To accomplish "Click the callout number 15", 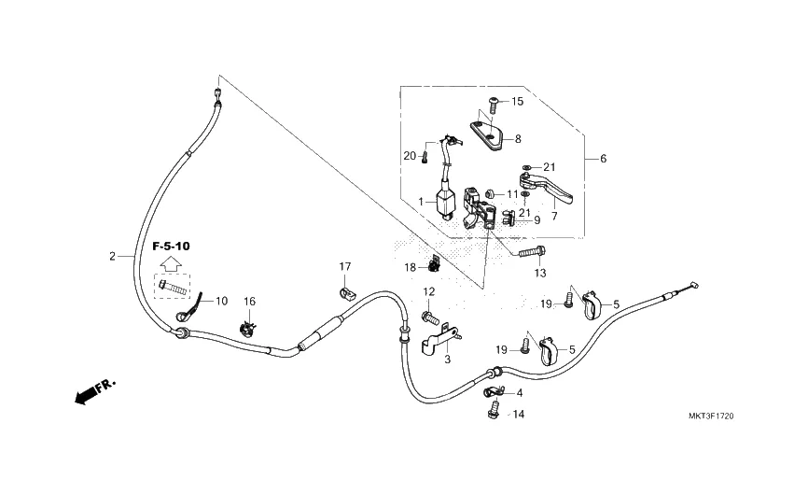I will point(517,102).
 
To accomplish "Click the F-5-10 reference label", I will point(171,246).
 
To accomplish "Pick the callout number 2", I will point(112,255).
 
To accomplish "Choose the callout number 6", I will point(603,159).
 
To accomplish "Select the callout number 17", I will point(344,267).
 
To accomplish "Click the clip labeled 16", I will point(247,326).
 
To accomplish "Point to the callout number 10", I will point(221,301).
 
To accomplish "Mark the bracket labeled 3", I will point(438,340).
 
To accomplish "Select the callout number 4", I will point(519,393).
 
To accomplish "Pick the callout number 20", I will point(410,155).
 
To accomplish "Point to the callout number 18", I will point(410,268).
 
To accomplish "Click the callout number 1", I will point(421,201).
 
